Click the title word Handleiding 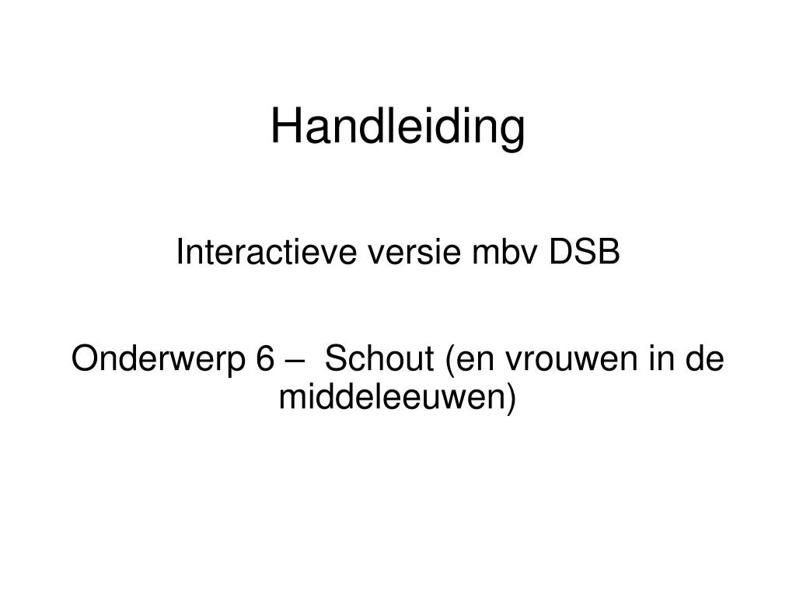[398, 128]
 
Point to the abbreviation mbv [504, 252]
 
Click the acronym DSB [585, 252]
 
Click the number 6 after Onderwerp [265, 358]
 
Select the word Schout [380, 358]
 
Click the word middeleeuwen [390, 397]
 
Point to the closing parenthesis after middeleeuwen [509, 399]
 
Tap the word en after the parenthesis [475, 361]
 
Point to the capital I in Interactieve [180, 252]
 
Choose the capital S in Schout [337, 358]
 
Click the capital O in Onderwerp [86, 358]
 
